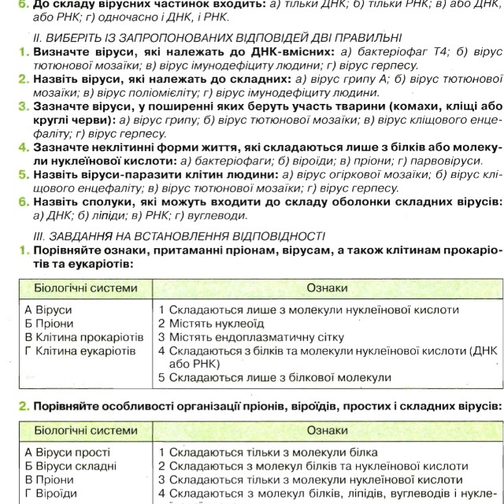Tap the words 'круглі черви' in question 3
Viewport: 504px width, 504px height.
point(50,120)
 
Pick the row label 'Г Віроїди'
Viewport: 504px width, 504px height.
point(51,494)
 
